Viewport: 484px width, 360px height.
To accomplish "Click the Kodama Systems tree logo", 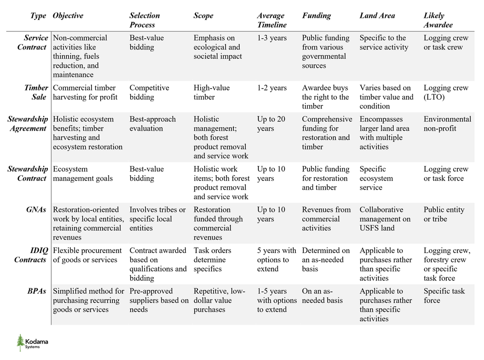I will pyautogui.click(x=21, y=343).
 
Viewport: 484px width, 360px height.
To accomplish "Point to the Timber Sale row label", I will pyautogui.click(x=36, y=92).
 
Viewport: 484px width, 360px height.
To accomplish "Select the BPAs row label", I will pyautogui.click(x=38, y=291).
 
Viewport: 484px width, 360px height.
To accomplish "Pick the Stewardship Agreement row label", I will pyautogui.click(x=28, y=124).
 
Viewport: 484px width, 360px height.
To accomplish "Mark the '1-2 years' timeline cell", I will pyautogui.click(x=272, y=88).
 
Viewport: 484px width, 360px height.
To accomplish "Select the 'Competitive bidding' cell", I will pyautogui.click(x=150, y=92).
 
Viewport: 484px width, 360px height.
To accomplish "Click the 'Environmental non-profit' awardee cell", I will pyautogui.click(x=447, y=124).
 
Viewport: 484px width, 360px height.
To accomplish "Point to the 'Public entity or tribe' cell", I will pyautogui.click(x=444, y=214).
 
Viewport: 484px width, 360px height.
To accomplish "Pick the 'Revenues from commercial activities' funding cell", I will pyautogui.click(x=327, y=219).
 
